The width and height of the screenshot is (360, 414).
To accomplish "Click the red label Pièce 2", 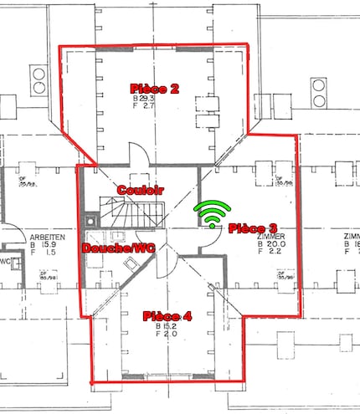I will pyautogui.click(x=155, y=88).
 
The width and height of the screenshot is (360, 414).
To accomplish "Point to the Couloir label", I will pyautogui.click(x=140, y=190).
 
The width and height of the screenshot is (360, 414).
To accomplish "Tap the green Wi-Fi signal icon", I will pyautogui.click(x=213, y=215).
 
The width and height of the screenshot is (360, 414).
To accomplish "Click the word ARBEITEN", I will pyautogui.click(x=45, y=237).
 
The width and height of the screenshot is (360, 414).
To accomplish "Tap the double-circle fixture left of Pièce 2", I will pyautogui.click(x=38, y=81).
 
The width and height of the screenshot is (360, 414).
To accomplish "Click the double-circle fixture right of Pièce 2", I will pyautogui.click(x=321, y=90).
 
